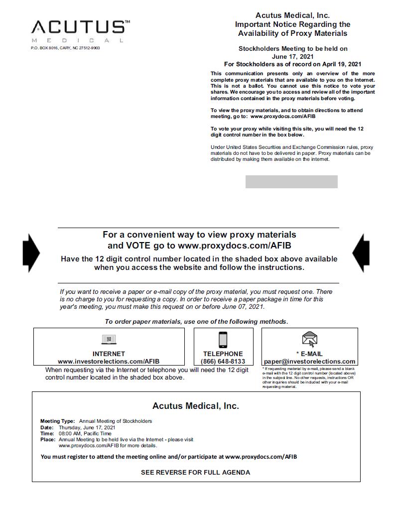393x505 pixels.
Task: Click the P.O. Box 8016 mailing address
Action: click(x=65, y=48)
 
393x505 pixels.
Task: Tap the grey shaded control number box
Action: click(x=291, y=182)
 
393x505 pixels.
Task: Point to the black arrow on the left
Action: click(x=31, y=253)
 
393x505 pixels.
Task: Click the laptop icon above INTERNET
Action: click(x=109, y=340)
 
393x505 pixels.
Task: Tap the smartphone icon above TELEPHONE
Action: click(x=223, y=340)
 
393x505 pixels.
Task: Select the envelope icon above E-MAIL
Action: click(x=309, y=339)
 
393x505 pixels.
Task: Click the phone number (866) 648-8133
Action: click(x=223, y=362)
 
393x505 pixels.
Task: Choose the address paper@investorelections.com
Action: click(x=309, y=362)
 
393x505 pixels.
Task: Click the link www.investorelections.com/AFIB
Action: click(x=109, y=362)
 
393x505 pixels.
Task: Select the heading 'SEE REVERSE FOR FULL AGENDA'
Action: click(x=195, y=472)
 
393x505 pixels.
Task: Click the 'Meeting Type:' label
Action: click(x=58, y=421)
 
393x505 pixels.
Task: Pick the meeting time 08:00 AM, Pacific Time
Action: click(x=85, y=433)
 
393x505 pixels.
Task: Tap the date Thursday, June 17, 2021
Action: click(x=87, y=427)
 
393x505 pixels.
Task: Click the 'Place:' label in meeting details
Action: click(x=48, y=440)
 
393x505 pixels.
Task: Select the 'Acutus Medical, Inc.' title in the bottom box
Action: click(x=195, y=406)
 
